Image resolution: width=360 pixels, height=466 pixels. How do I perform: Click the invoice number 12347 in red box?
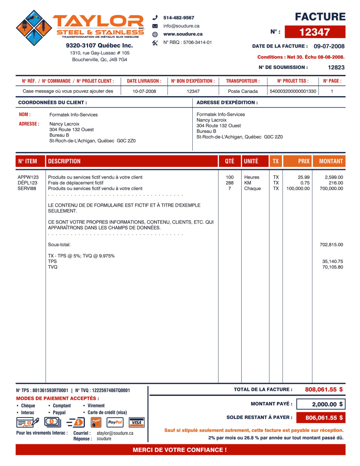[315, 32]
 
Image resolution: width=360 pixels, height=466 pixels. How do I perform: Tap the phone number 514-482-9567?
[179, 18]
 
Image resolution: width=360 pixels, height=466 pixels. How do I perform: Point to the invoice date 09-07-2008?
[329, 46]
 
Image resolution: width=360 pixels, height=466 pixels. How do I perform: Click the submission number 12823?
[336, 67]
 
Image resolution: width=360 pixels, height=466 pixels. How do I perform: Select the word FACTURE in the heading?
[320, 17]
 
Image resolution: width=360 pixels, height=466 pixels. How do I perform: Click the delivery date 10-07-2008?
[144, 91]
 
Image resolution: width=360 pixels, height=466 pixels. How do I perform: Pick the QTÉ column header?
[230, 161]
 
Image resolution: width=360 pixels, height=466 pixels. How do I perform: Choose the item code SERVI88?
[27, 189]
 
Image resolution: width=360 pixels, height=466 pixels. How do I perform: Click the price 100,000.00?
[298, 189]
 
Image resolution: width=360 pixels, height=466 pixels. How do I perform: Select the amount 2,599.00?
[334, 177]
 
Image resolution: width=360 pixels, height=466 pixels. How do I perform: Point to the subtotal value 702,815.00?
[331, 245]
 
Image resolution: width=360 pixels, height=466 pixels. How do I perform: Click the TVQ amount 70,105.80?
[333, 267]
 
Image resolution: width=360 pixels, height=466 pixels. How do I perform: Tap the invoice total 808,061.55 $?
[324, 389]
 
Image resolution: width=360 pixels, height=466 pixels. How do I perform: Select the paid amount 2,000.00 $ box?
[327, 404]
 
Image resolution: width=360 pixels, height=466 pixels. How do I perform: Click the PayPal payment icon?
[115, 422]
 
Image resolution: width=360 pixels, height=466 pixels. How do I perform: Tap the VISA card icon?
[136, 422]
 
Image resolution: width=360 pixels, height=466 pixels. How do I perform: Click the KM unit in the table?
[248, 183]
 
